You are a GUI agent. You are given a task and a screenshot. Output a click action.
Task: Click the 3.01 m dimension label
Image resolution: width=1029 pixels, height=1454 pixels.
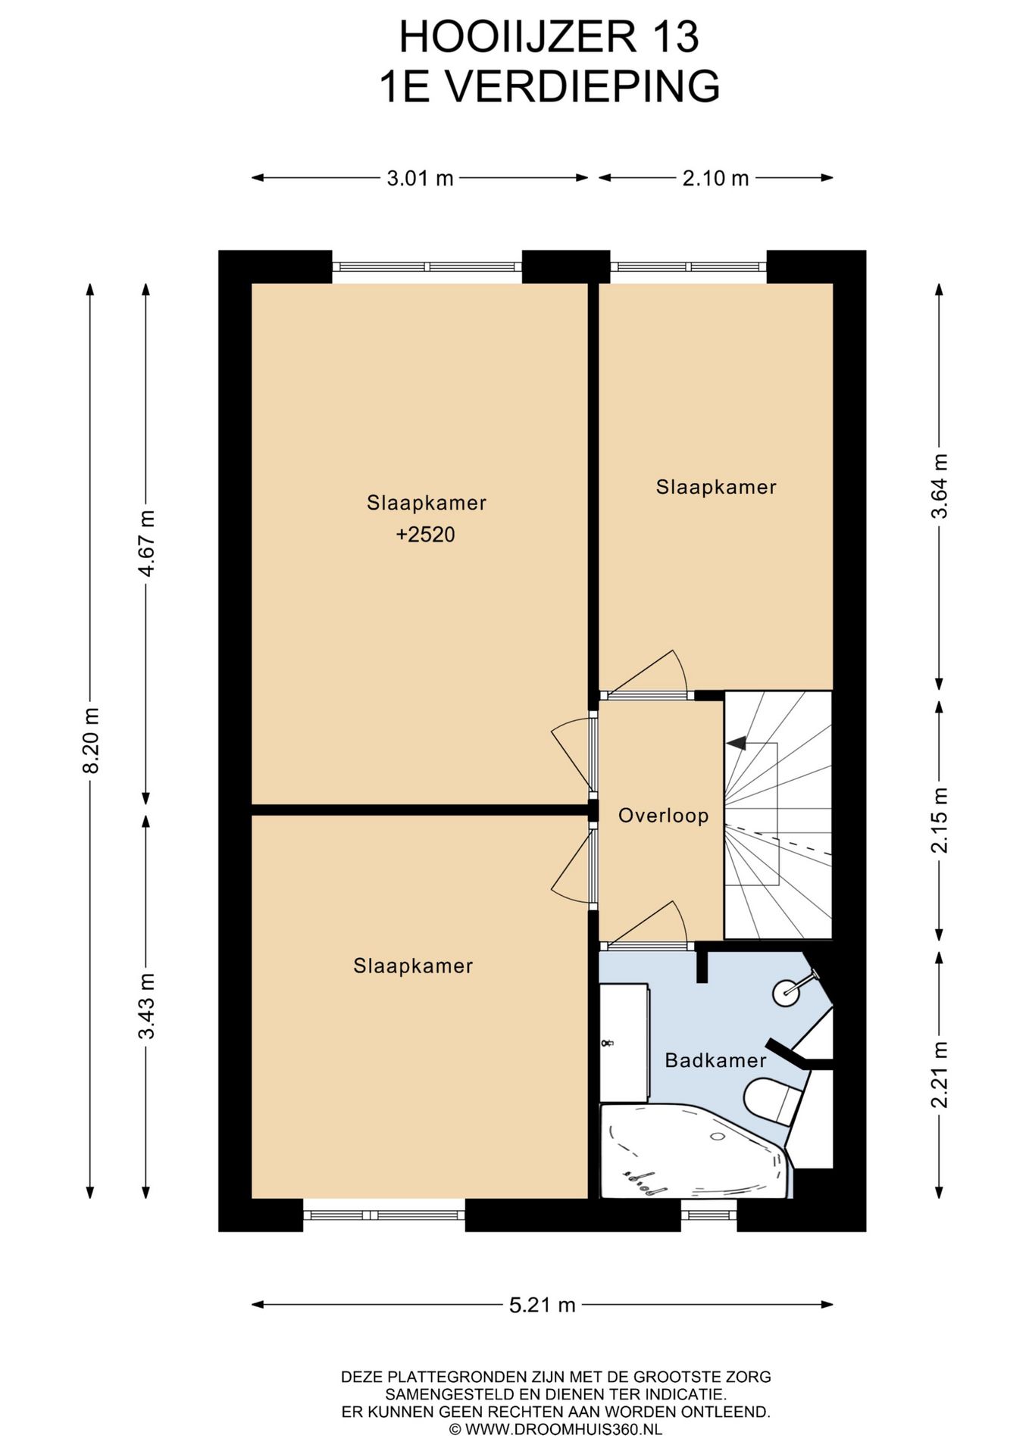tap(420, 178)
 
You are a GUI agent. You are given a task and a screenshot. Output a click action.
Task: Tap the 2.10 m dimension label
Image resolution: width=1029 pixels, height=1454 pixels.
tap(715, 178)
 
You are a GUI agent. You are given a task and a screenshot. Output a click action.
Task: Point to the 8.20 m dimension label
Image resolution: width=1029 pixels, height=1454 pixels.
tap(91, 741)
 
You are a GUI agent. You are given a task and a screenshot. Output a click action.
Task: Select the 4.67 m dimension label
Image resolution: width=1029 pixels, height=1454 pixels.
tap(146, 543)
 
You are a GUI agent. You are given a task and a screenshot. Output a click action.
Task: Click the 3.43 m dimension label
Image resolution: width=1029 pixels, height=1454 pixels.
tap(146, 1006)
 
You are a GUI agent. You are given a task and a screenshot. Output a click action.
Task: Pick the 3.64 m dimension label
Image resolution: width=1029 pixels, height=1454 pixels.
tap(940, 485)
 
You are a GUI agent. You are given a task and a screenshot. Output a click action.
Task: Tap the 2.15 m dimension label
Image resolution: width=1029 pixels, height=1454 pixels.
tap(940, 820)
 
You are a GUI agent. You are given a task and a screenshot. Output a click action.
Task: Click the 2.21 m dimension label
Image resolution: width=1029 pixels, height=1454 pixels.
tap(940, 1075)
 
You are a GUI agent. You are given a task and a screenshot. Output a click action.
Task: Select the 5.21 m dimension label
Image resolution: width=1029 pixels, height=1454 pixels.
tap(543, 1305)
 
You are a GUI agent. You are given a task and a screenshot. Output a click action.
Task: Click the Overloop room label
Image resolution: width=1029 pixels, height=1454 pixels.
tap(664, 816)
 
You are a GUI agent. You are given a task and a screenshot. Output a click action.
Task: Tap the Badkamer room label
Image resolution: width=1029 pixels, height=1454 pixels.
tap(716, 1060)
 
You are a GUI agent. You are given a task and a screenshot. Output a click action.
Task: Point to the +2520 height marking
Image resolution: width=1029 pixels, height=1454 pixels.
tap(426, 535)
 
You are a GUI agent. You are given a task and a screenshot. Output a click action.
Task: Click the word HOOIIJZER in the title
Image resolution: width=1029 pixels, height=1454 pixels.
tap(518, 37)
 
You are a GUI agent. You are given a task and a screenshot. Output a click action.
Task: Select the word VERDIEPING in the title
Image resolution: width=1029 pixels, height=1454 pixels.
tap(582, 86)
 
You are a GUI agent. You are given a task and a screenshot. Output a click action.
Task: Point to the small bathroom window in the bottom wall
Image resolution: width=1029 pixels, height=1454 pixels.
tap(709, 1215)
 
